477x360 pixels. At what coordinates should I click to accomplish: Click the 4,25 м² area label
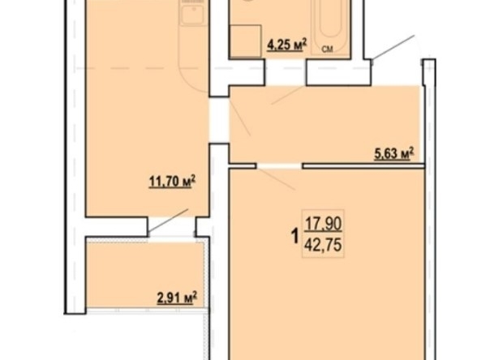[x=286, y=45]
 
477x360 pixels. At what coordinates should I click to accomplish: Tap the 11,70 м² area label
[x=172, y=182]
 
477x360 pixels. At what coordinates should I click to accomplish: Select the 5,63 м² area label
[x=393, y=153]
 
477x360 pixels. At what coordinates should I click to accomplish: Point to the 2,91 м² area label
[x=177, y=298]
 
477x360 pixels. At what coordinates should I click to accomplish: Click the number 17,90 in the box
[x=323, y=225]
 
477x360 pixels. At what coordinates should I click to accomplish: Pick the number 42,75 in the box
[x=323, y=245]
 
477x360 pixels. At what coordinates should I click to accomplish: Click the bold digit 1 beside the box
[x=294, y=236]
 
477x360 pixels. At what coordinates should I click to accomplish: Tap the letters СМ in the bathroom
[x=328, y=49]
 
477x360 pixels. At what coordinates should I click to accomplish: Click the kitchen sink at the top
[x=192, y=13]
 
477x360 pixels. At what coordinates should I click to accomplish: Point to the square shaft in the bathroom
[x=246, y=41]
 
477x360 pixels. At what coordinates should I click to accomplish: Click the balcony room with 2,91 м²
[x=145, y=275]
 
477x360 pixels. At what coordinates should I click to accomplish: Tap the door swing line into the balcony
[x=168, y=221]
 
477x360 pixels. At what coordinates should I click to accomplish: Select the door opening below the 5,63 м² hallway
[x=280, y=165]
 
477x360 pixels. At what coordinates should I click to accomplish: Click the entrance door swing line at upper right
[x=393, y=47]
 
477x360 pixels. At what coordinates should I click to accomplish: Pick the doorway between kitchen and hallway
[x=219, y=120]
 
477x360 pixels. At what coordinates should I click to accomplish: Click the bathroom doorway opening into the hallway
[x=286, y=71]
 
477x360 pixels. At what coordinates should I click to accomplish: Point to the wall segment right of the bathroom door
[x=338, y=72]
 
